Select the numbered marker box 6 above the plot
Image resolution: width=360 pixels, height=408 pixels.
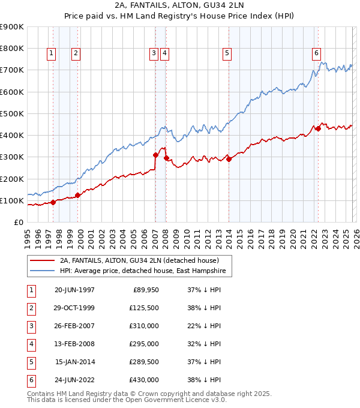(x=316, y=53)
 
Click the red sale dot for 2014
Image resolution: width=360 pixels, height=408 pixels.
(x=229, y=159)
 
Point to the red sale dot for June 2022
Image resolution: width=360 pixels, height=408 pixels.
(x=318, y=128)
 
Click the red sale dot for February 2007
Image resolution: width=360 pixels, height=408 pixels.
(x=155, y=155)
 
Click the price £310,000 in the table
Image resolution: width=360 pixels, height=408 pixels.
(x=144, y=326)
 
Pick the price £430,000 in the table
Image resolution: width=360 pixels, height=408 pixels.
(x=144, y=380)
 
